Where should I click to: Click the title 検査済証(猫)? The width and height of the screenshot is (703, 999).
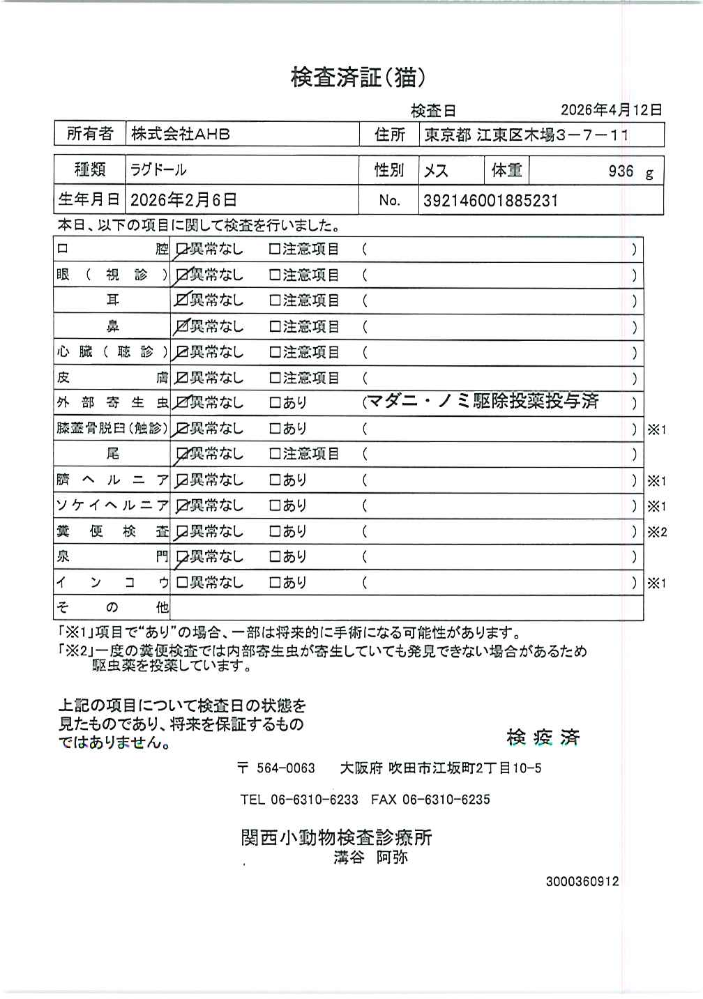[358, 77]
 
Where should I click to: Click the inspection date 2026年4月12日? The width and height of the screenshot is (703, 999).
[611, 110]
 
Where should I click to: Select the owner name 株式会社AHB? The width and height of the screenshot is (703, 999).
[181, 135]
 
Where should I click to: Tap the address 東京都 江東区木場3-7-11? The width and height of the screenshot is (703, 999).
[527, 135]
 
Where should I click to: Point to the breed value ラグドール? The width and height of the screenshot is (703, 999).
[158, 170]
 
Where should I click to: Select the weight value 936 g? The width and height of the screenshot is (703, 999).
[629, 171]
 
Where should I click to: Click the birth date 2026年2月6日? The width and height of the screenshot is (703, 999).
[183, 201]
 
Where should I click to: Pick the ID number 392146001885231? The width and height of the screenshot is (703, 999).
[491, 201]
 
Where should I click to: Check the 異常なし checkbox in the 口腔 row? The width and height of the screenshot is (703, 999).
[182, 249]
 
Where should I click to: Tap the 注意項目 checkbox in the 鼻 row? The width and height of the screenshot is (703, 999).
[275, 326]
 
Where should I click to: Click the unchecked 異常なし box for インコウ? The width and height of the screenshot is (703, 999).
[182, 583]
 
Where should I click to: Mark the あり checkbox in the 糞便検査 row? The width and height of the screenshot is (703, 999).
[275, 531]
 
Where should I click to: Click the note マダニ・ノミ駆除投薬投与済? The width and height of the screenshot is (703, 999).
[483, 402]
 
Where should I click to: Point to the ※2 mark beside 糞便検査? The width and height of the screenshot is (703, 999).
[657, 532]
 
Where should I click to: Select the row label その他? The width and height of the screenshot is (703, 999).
[112, 607]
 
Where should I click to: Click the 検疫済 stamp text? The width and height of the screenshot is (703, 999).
[543, 738]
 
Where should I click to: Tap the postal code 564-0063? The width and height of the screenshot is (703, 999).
[286, 768]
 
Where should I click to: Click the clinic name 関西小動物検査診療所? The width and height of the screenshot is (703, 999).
[336, 837]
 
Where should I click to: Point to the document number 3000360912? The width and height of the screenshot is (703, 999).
[582, 882]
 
